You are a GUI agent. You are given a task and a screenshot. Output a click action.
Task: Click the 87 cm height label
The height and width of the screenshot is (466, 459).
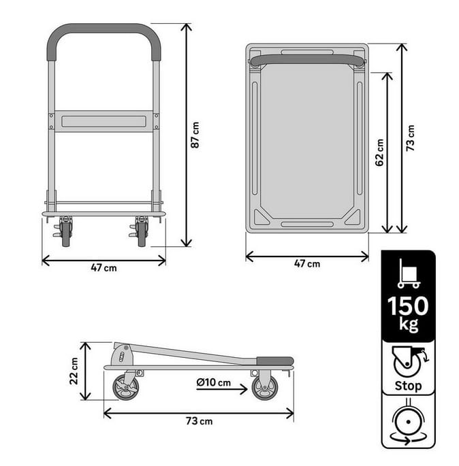[195, 135]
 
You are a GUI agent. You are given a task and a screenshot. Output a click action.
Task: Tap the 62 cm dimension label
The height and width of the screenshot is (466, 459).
[379, 152]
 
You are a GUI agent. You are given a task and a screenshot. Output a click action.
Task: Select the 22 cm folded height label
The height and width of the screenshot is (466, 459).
[74, 371]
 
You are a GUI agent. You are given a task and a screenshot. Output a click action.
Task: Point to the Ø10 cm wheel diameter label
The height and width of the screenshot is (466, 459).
[214, 382]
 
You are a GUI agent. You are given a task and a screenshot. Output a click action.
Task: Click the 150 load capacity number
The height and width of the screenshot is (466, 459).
[408, 306]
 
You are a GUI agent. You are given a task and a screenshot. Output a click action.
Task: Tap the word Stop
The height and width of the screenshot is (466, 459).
[408, 386]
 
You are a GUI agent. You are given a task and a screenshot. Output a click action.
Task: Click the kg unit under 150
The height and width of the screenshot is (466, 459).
[409, 324]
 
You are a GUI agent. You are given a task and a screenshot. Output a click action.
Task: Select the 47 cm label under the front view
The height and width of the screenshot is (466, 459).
[104, 268]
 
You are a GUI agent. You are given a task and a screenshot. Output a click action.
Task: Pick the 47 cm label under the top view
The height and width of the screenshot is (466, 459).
[307, 263]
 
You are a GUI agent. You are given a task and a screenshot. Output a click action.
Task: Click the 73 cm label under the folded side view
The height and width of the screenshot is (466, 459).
[200, 421]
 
